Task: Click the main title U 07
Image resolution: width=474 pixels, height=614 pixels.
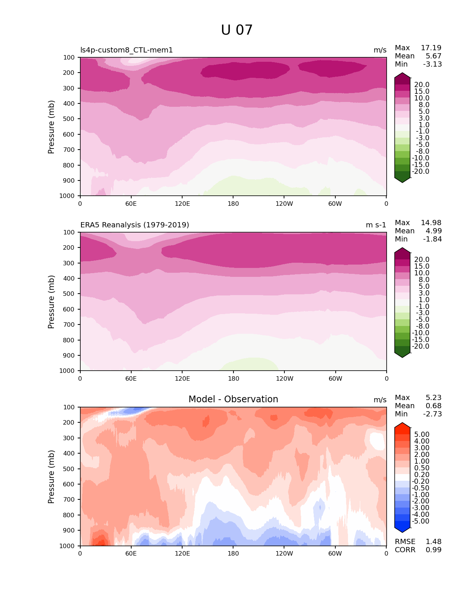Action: pyautogui.click(x=237, y=30)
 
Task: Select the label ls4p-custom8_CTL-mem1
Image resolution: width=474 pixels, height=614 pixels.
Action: pyautogui.click(x=126, y=50)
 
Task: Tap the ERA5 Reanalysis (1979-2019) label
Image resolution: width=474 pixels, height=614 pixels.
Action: pyautogui.click(x=135, y=225)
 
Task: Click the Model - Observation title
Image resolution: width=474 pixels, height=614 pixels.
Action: pyautogui.click(x=233, y=399)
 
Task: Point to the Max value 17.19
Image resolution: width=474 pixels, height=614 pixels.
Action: pyautogui.click(x=431, y=48)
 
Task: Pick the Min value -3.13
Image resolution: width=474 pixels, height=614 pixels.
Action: pyautogui.click(x=432, y=64)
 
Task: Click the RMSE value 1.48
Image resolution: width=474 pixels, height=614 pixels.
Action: pyautogui.click(x=433, y=542)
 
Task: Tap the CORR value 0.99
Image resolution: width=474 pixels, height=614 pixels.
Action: pyautogui.click(x=433, y=550)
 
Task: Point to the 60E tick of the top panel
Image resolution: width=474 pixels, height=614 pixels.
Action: pyautogui.click(x=131, y=204)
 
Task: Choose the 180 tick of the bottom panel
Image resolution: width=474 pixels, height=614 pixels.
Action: pyautogui.click(x=233, y=554)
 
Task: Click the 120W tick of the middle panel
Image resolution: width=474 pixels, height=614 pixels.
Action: pyautogui.click(x=284, y=378)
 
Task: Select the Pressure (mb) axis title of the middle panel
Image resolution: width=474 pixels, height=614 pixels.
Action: pyautogui.click(x=51, y=302)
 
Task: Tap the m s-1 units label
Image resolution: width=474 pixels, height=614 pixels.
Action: pyautogui.click(x=376, y=225)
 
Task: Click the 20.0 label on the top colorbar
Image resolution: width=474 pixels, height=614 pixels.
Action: pyautogui.click(x=422, y=85)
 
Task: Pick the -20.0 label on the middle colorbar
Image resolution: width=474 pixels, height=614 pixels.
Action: pyautogui.click(x=420, y=346)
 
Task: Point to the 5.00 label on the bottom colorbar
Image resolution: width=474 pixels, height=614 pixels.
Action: pyautogui.click(x=422, y=435)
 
